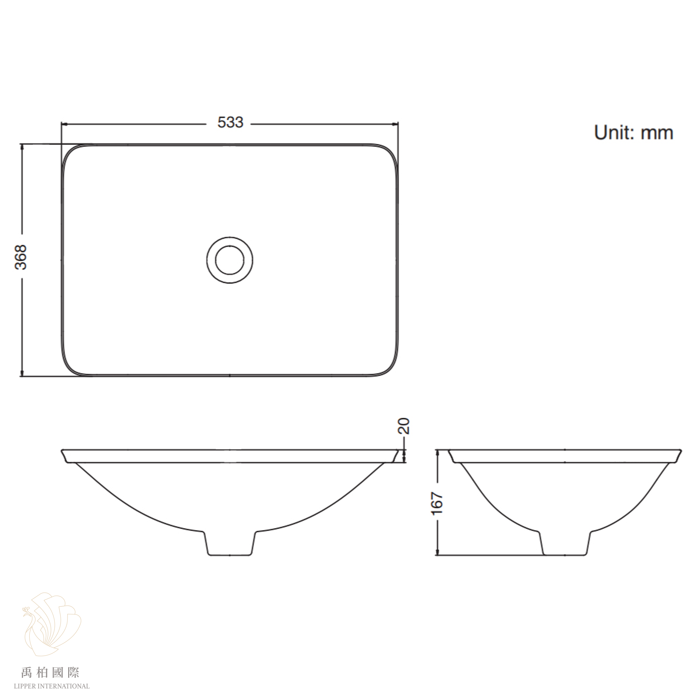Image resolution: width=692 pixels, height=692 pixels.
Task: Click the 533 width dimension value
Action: (230, 123)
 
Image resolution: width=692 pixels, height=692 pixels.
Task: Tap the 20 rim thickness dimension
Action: (404, 426)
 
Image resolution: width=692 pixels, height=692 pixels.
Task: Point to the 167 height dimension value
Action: (437, 503)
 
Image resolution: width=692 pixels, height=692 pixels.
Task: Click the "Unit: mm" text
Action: (634, 133)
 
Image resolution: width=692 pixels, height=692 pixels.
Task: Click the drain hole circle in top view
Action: (230, 260)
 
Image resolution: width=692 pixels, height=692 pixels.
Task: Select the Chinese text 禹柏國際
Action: (50, 672)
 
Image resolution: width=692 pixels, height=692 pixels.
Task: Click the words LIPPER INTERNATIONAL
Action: (52, 686)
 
